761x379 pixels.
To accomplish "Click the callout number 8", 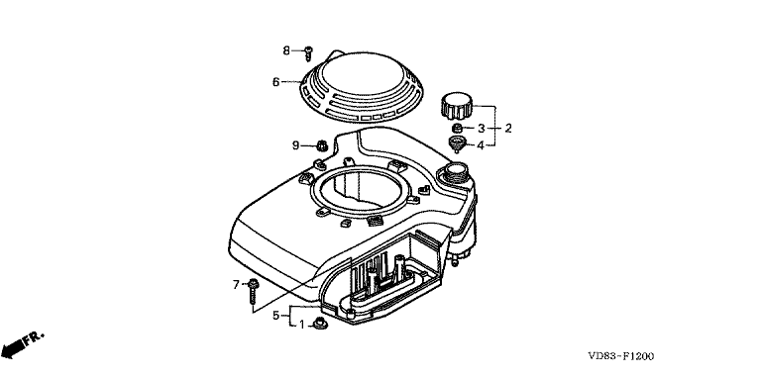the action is [x=286, y=50].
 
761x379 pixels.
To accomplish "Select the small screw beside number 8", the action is [x=308, y=53].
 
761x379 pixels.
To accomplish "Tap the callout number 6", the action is [x=275, y=82].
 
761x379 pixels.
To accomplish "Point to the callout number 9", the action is [x=295, y=144].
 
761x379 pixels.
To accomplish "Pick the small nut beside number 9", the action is [x=321, y=144].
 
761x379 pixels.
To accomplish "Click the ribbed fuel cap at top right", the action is [x=457, y=106].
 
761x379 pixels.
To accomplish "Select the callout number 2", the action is [x=508, y=129].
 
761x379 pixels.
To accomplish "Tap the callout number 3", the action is [x=481, y=129].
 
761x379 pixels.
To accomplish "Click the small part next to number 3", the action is [x=456, y=129].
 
